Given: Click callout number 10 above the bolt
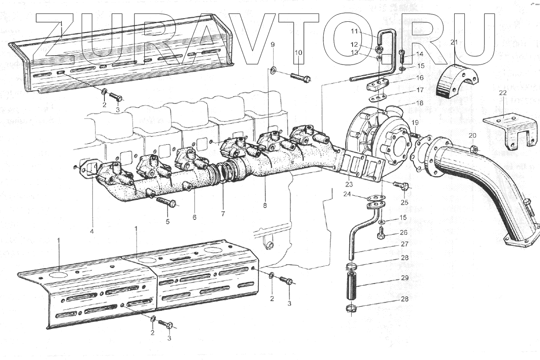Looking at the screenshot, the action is tap(298, 53).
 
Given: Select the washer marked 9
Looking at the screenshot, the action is tap(274, 71).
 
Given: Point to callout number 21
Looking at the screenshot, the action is tap(455, 42).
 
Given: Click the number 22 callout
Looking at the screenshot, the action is tap(503, 93).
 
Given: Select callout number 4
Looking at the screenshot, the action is tap(92, 230).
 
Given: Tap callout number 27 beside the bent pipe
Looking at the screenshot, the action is tap(405, 244).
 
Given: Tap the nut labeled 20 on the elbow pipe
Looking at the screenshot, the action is tap(474, 149).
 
